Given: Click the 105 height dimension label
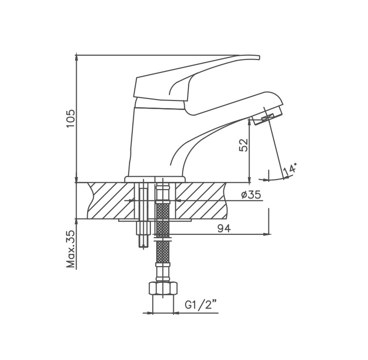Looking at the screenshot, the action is (70, 119).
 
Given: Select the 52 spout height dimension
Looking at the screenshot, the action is (244, 145).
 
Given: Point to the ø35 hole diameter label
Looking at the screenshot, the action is (251, 195).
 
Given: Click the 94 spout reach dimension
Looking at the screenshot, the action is (224, 229).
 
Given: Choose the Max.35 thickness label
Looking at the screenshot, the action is (71, 249).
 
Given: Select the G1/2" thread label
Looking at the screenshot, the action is (200, 305).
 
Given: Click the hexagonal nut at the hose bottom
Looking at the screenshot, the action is (163, 289).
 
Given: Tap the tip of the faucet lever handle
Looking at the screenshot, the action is (259, 58).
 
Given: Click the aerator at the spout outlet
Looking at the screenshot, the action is (268, 117).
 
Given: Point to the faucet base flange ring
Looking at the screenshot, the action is (155, 180).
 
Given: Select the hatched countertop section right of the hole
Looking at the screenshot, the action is (201, 200).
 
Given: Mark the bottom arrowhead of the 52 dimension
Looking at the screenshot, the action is (249, 180).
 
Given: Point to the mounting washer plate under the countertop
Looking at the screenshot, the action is (155, 220).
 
